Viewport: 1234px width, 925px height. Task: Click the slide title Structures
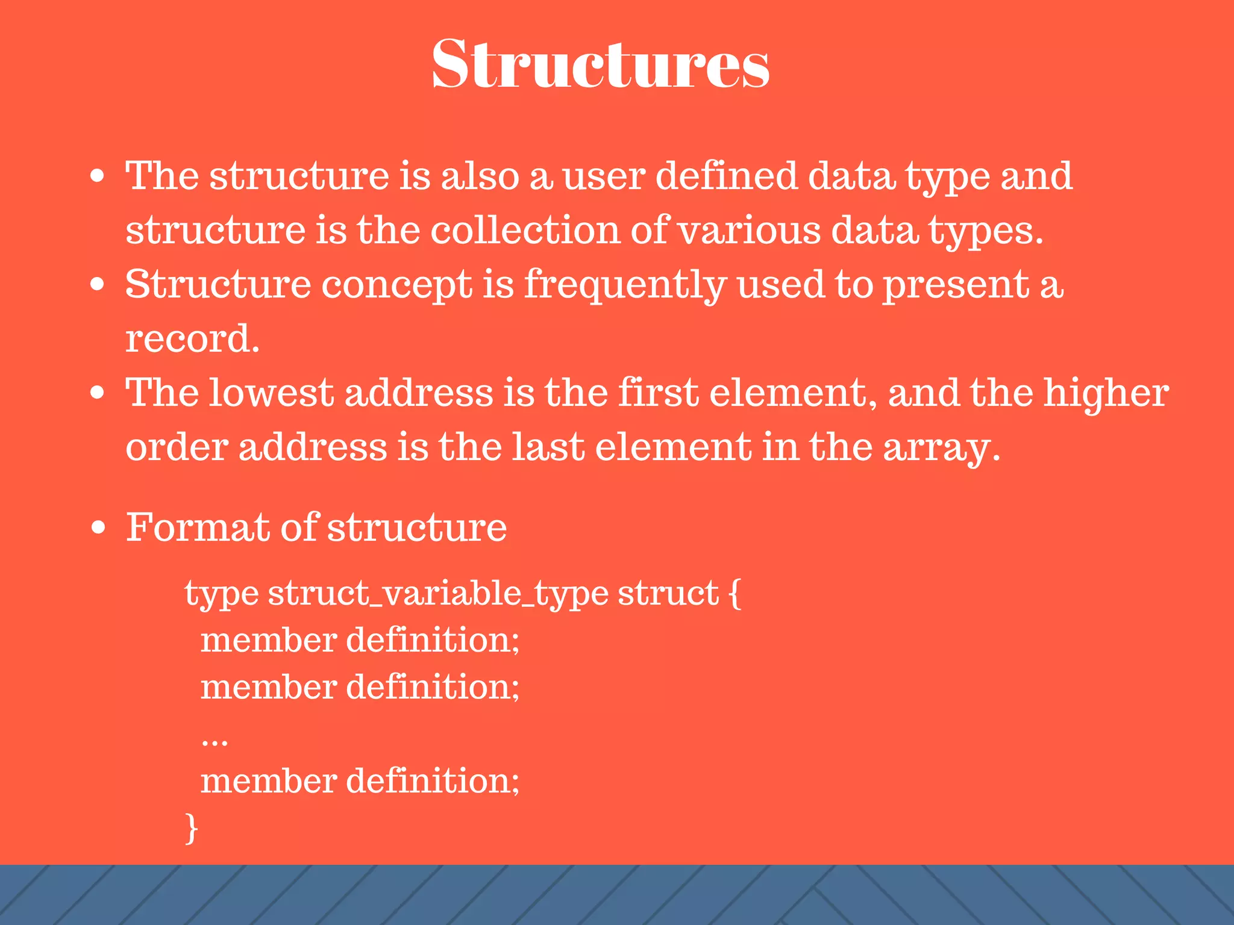click(601, 64)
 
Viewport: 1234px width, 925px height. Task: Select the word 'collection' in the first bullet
click(525, 230)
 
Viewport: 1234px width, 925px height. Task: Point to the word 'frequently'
click(625, 285)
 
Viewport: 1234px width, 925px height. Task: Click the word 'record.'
click(192, 338)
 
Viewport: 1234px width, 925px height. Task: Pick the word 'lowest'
click(271, 393)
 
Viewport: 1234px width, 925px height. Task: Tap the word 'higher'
click(1106, 394)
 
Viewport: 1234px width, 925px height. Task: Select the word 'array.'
click(942, 448)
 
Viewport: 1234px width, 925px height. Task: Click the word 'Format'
click(198, 528)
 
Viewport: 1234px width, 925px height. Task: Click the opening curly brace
click(734, 594)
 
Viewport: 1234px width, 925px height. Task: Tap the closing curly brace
click(191, 829)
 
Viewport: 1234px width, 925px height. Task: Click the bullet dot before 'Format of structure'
click(98, 528)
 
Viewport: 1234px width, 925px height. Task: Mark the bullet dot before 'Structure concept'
click(98, 284)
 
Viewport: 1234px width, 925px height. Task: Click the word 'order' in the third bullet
click(177, 448)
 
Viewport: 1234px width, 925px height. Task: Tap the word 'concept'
click(396, 285)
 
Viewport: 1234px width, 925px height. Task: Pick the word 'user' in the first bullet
click(604, 176)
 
